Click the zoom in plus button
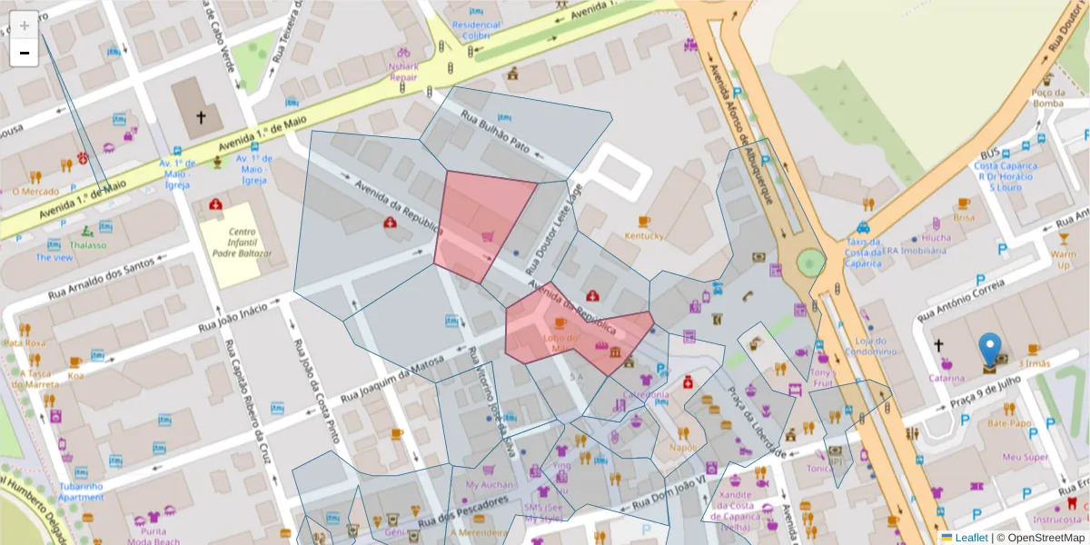pos(25,25)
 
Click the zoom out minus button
pos(25,53)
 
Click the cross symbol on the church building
pos(201,117)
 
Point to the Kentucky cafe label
pos(644,236)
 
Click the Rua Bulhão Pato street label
pos(494,132)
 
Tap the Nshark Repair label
pos(403,72)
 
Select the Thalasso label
pos(87,245)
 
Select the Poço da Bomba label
pos(1047,97)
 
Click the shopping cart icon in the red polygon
pos(488,237)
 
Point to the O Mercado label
pos(35,191)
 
